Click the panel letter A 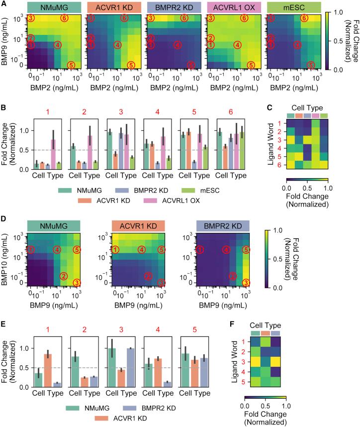(x=4, y=4)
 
